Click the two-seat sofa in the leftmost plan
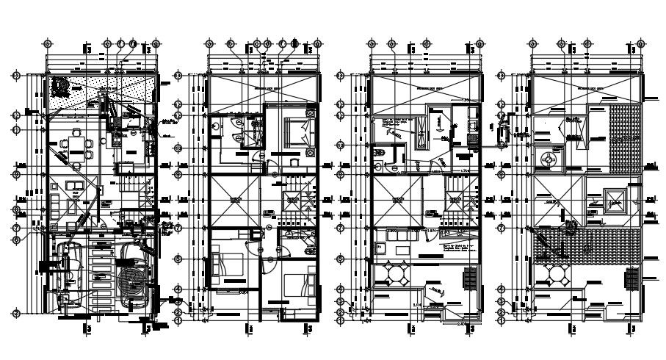click(x=73, y=185)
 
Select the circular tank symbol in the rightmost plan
click(x=546, y=159)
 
